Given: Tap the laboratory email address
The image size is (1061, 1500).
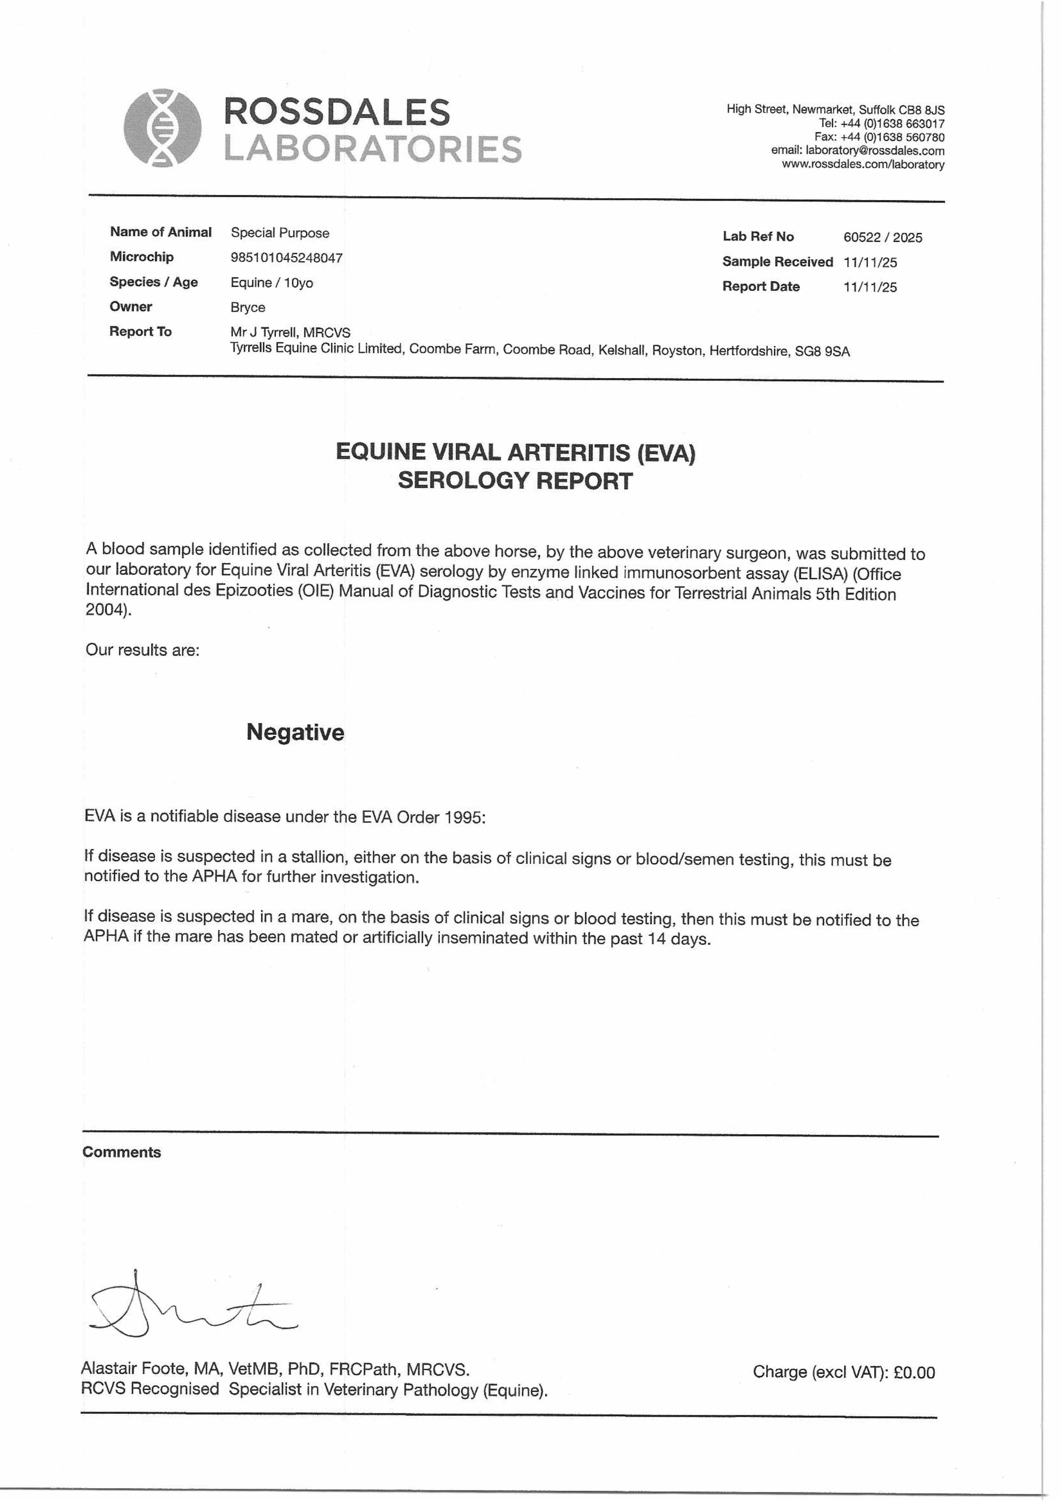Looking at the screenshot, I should pos(875,151).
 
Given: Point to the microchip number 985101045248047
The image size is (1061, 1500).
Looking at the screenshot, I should pos(286,258).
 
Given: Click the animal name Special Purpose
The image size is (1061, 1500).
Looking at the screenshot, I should pos(280,233).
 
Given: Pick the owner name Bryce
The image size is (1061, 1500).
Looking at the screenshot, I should pos(248,308).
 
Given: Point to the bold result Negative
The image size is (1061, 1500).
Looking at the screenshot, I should pos(295,732).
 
